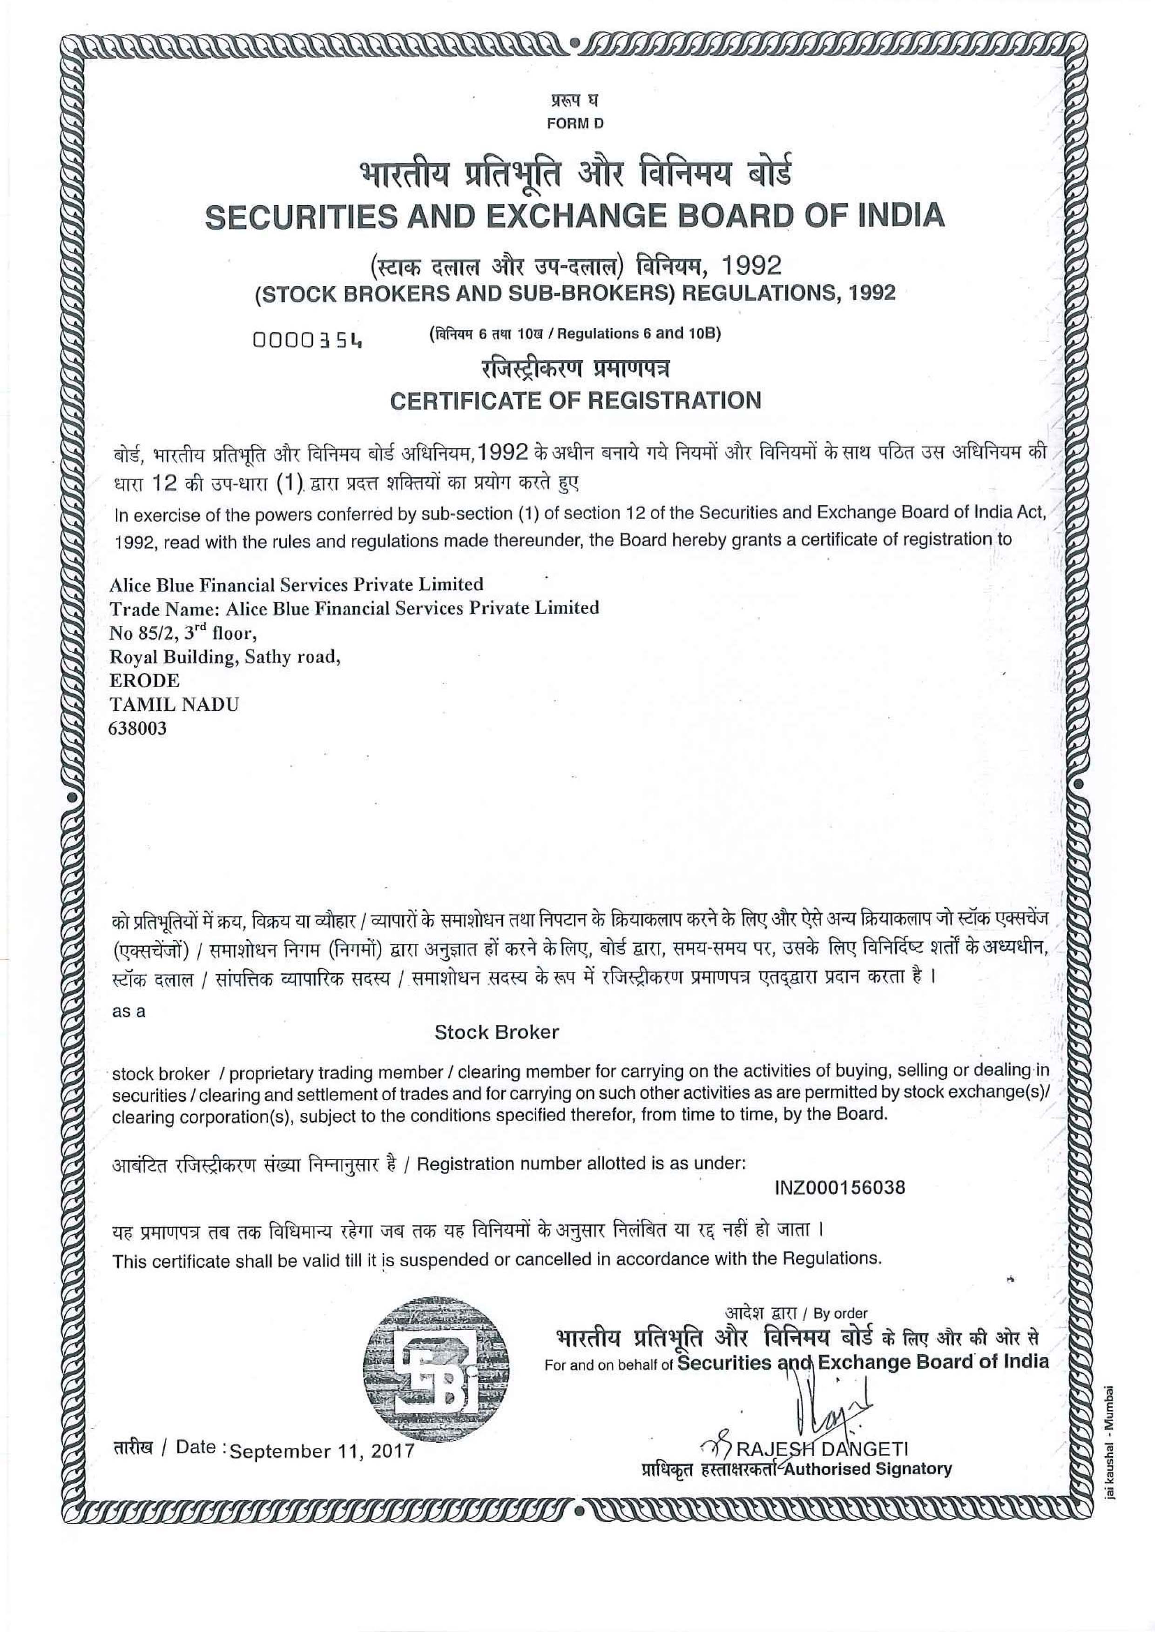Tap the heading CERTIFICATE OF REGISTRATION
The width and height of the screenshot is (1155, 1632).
pyautogui.click(x=575, y=400)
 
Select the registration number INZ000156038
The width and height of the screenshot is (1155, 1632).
pyautogui.click(x=839, y=1188)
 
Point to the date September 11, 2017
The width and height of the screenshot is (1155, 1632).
pyautogui.click(x=322, y=1451)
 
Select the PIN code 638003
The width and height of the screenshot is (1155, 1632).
pyautogui.click(x=137, y=728)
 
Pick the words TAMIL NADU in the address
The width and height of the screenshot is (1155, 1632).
pyautogui.click(x=174, y=704)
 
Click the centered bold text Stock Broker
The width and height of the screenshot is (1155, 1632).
pyautogui.click(x=496, y=1032)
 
